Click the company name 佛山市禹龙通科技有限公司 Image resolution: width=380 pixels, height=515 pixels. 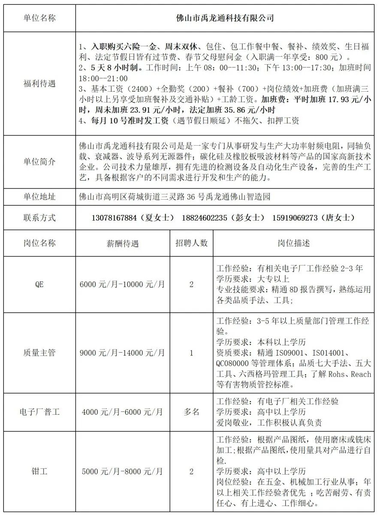pyautogui.click(x=225, y=18)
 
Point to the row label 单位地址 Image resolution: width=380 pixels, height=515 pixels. pyautogui.click(x=39, y=197)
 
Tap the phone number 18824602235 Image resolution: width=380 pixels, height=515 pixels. pyautogui.click(x=204, y=218)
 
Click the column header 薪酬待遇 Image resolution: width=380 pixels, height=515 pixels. pyautogui.click(x=123, y=243)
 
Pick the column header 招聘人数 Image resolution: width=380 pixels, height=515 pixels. pyautogui.click(x=191, y=243)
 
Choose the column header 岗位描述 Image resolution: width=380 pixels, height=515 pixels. pyautogui.click(x=294, y=243)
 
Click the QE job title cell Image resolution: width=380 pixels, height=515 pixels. pyautogui.click(x=39, y=284)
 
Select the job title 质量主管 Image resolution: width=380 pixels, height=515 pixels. pyautogui.click(x=39, y=353)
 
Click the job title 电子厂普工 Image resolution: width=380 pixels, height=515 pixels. pyautogui.click(x=39, y=412)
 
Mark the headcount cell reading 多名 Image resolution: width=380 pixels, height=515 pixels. pyautogui.click(x=191, y=412)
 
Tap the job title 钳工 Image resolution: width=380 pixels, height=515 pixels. pyautogui.click(x=39, y=471)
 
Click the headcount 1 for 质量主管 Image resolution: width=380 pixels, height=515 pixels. pyautogui.click(x=191, y=353)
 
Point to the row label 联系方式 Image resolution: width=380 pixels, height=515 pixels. pyautogui.click(x=39, y=218)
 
